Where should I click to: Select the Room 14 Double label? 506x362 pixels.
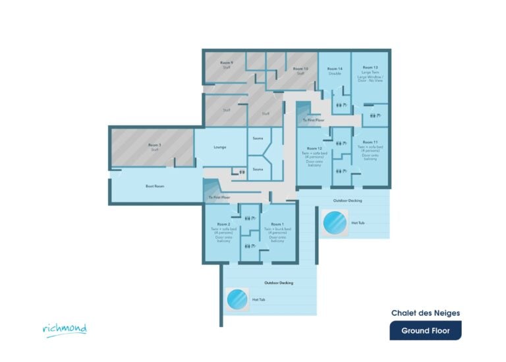[x=335, y=71]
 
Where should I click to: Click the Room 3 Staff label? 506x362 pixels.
[x=154, y=147]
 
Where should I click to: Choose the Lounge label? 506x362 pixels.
[x=220, y=148]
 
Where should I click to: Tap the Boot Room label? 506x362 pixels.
[x=154, y=187]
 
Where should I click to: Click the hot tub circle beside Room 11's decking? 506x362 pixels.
[x=335, y=222]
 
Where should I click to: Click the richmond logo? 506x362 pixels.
[x=65, y=328]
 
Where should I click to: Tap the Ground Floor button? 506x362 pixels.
[x=425, y=330]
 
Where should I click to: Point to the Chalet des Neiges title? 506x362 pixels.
[x=426, y=313]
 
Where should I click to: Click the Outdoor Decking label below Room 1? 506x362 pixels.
[x=279, y=283]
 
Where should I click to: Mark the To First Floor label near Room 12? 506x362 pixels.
[x=314, y=121]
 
